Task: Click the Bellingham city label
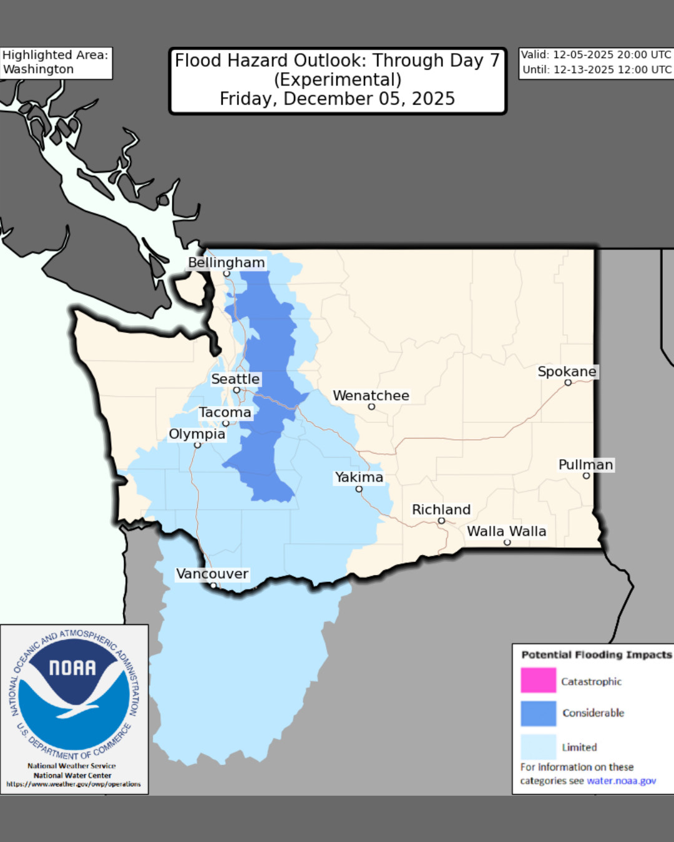pyautogui.click(x=227, y=263)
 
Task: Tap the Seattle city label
pyautogui.click(x=235, y=379)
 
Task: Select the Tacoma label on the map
pyautogui.click(x=225, y=413)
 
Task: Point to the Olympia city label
pyautogui.click(x=197, y=434)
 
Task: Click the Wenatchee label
pyautogui.click(x=371, y=396)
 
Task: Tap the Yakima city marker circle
pyautogui.click(x=359, y=490)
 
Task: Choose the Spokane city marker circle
pyautogui.click(x=568, y=383)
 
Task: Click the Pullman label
pyautogui.click(x=585, y=465)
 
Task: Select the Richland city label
pyautogui.click(x=441, y=510)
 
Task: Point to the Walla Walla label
pyautogui.click(x=506, y=531)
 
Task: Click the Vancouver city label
pyautogui.click(x=212, y=574)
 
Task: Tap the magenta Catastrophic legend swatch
pyautogui.click(x=538, y=680)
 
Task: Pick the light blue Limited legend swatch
pyautogui.click(x=538, y=747)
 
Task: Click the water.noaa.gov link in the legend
pyautogui.click(x=621, y=781)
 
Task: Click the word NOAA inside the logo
pyautogui.click(x=73, y=668)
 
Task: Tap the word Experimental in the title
pyautogui.click(x=338, y=80)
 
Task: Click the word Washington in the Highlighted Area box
pyautogui.click(x=39, y=69)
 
